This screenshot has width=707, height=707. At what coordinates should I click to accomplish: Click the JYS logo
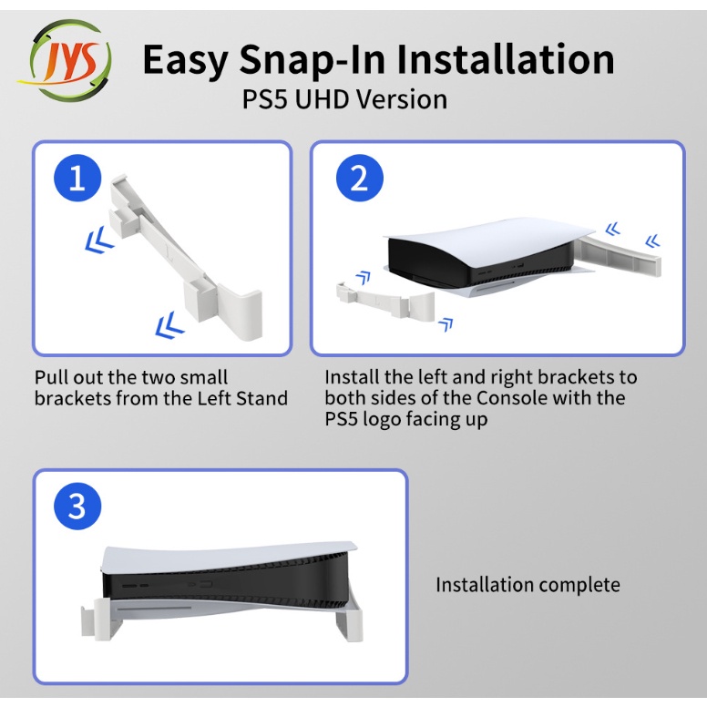(x=66, y=60)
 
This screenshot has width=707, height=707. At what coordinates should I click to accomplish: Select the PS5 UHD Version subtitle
(x=345, y=99)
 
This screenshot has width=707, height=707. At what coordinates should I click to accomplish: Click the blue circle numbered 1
(x=77, y=178)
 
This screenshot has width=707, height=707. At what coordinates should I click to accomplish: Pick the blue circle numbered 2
(x=359, y=178)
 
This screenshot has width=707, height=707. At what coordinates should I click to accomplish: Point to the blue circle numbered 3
(x=77, y=506)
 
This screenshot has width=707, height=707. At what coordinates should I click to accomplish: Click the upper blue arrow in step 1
(x=99, y=240)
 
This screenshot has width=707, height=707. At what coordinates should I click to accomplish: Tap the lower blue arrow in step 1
(x=169, y=324)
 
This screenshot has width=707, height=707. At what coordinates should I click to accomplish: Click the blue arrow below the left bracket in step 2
(x=446, y=323)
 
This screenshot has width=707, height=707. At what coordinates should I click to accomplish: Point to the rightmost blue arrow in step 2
(x=652, y=241)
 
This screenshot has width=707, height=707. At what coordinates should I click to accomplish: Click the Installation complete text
(x=528, y=585)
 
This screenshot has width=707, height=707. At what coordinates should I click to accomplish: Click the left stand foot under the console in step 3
(x=101, y=619)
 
